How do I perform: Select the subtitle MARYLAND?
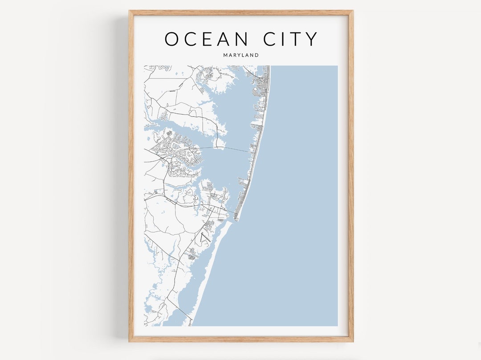tap(241, 55)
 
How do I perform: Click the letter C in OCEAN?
tap(190, 39)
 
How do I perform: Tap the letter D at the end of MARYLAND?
tap(257, 55)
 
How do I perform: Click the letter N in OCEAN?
tap(241, 39)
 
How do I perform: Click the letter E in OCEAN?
tap(207, 39)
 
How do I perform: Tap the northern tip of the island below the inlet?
tap(231, 222)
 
